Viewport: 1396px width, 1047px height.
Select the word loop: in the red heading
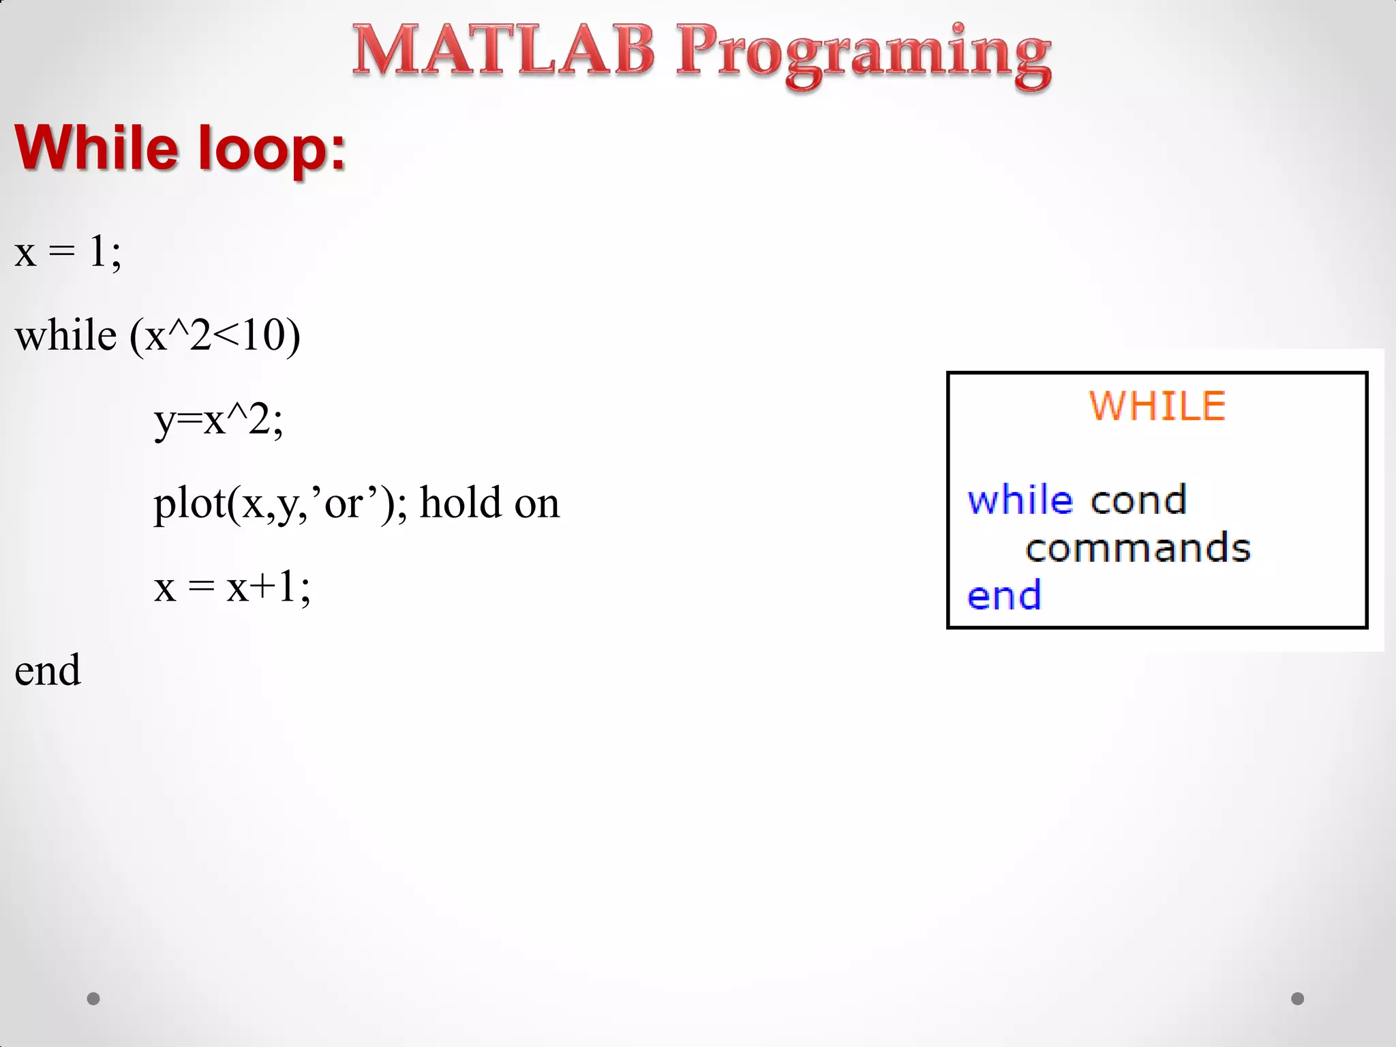point(271,149)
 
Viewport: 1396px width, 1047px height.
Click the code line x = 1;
point(67,252)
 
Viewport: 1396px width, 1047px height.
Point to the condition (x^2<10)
point(215,336)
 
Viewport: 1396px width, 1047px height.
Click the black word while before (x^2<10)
point(65,336)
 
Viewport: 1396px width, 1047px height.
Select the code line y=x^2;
point(218,420)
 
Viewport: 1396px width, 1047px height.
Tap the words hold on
point(489,504)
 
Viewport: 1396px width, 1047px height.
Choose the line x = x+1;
point(232,587)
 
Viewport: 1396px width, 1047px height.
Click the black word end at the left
point(48,671)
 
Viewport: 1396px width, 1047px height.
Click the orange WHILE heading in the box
point(1157,406)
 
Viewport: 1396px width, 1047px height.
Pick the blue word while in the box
point(1020,500)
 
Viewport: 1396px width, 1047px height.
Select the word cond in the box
point(1138,500)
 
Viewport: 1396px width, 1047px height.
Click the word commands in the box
point(1138,548)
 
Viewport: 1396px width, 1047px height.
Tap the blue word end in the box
point(1004,595)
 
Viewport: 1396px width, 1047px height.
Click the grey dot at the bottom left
point(93,999)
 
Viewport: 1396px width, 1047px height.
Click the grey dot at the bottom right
point(1297,999)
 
